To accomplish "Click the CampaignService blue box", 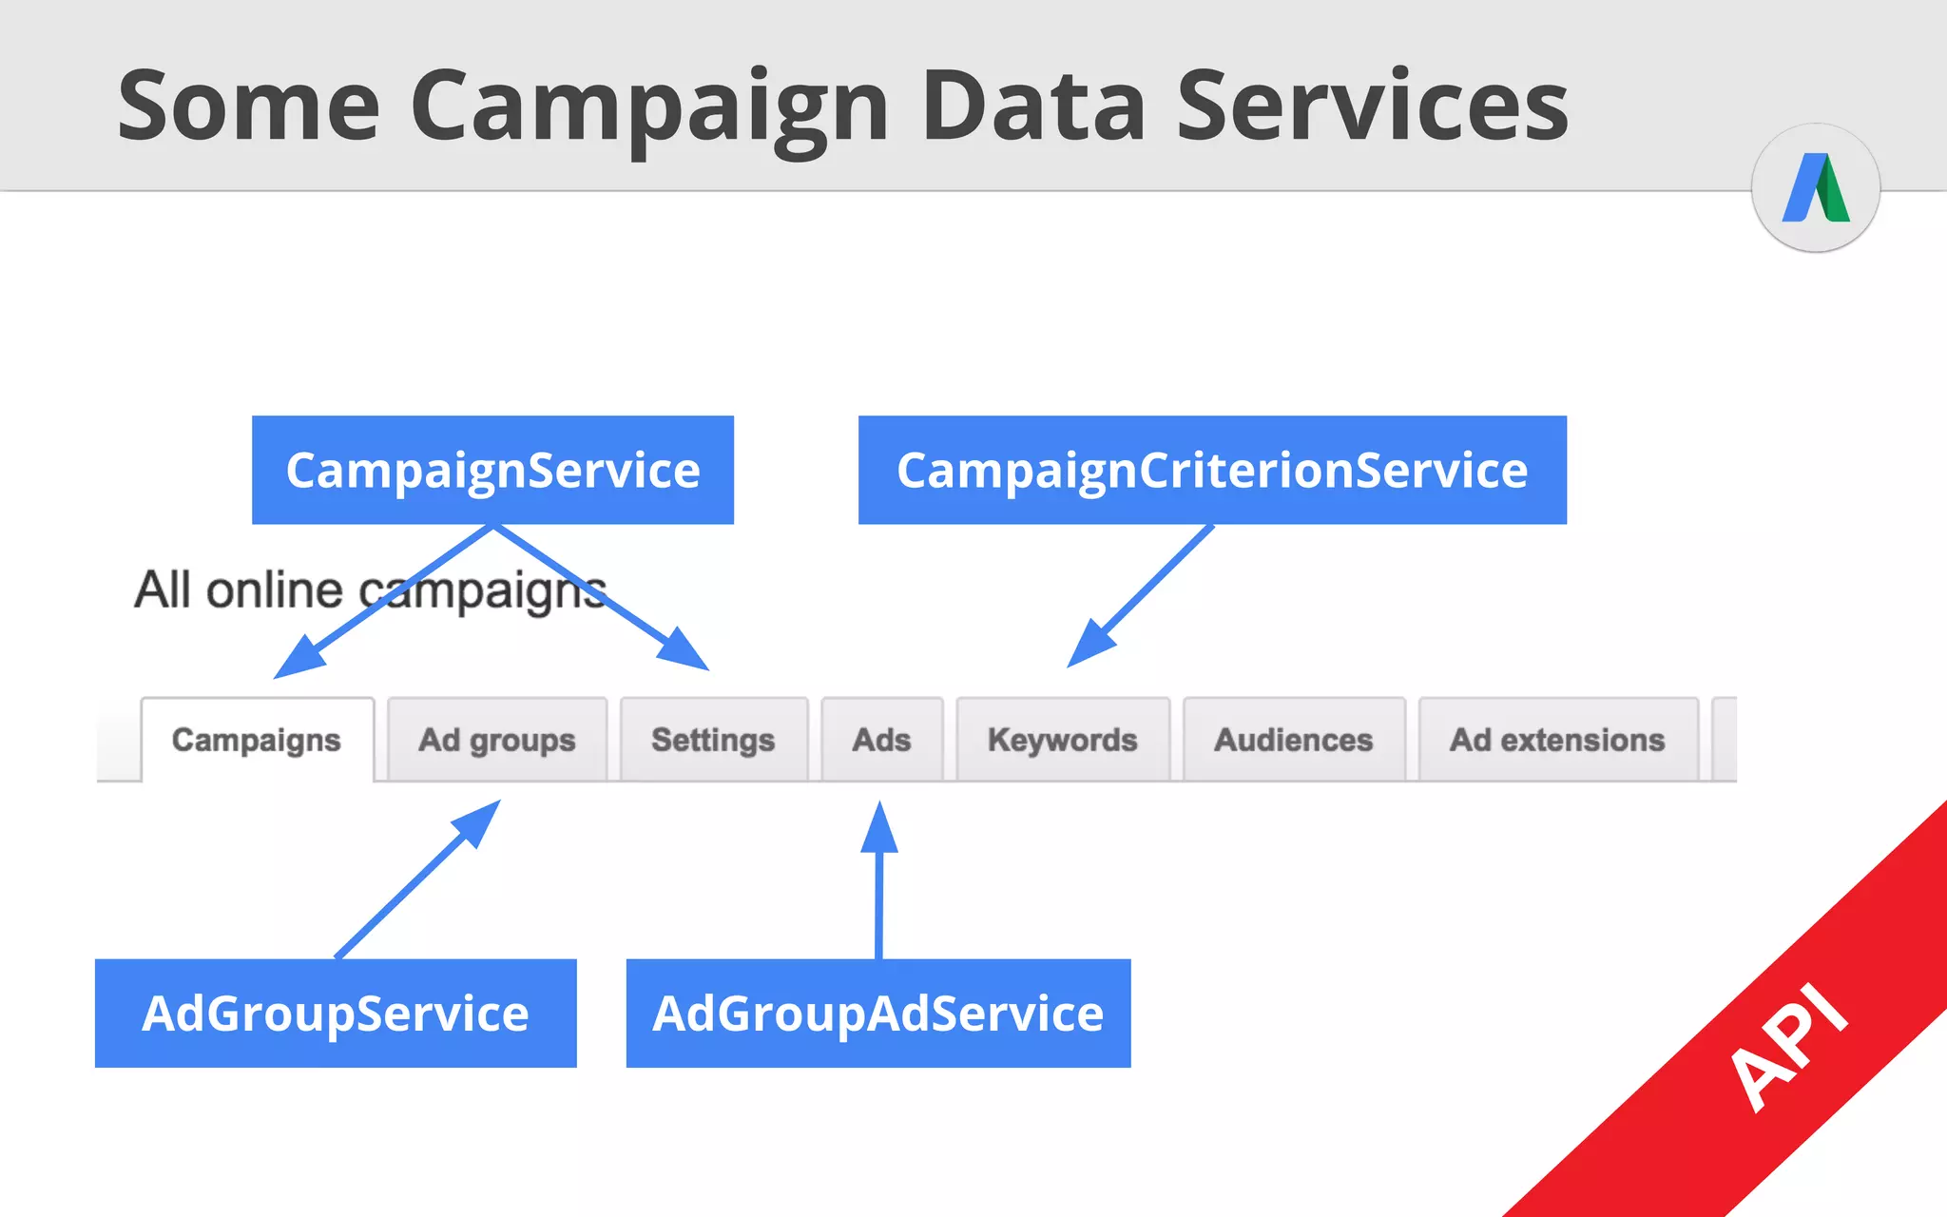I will click(x=492, y=470).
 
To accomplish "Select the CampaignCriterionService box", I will click(x=1212, y=470).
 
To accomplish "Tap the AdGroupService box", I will click(x=336, y=1013).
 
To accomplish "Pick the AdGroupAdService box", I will click(x=877, y=1013).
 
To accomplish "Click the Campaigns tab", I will click(x=257, y=740).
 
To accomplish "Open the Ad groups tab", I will click(x=497, y=740).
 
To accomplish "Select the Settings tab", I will click(x=713, y=740).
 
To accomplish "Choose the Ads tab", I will click(x=881, y=740).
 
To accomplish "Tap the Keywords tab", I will click(x=1062, y=740).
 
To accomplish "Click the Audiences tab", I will click(x=1293, y=740).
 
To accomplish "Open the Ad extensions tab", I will click(x=1557, y=740).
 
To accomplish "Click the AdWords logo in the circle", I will click(x=1816, y=187).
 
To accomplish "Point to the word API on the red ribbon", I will click(x=1788, y=1047).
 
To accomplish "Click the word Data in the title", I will click(x=1033, y=106).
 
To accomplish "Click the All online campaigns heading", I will click(x=370, y=589).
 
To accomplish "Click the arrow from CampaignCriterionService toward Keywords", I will click(x=1141, y=594).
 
